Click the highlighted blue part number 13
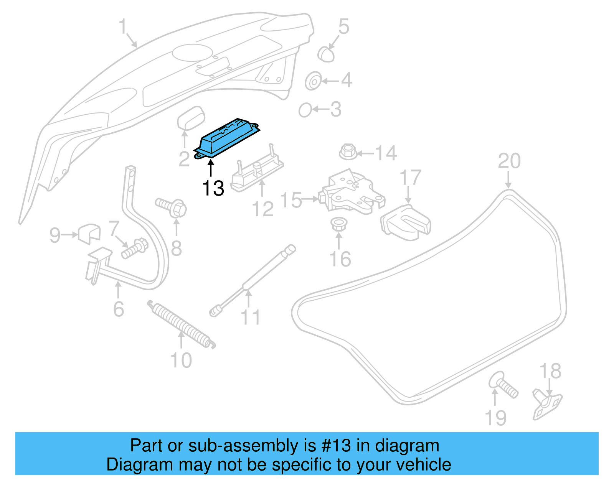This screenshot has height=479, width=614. pos(226,138)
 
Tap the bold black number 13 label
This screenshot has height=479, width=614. pos(213,188)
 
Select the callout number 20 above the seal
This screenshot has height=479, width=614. pos(509,161)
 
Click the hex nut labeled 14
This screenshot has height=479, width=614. pos(348,153)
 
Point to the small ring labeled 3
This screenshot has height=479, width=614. pos(305,110)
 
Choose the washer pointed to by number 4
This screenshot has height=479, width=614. pos(313,81)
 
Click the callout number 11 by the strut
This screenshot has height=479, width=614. pos(250,318)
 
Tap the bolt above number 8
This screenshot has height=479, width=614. pos(172,207)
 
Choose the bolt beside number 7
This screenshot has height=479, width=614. pos(134,248)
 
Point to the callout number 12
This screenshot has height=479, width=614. pos(262,209)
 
